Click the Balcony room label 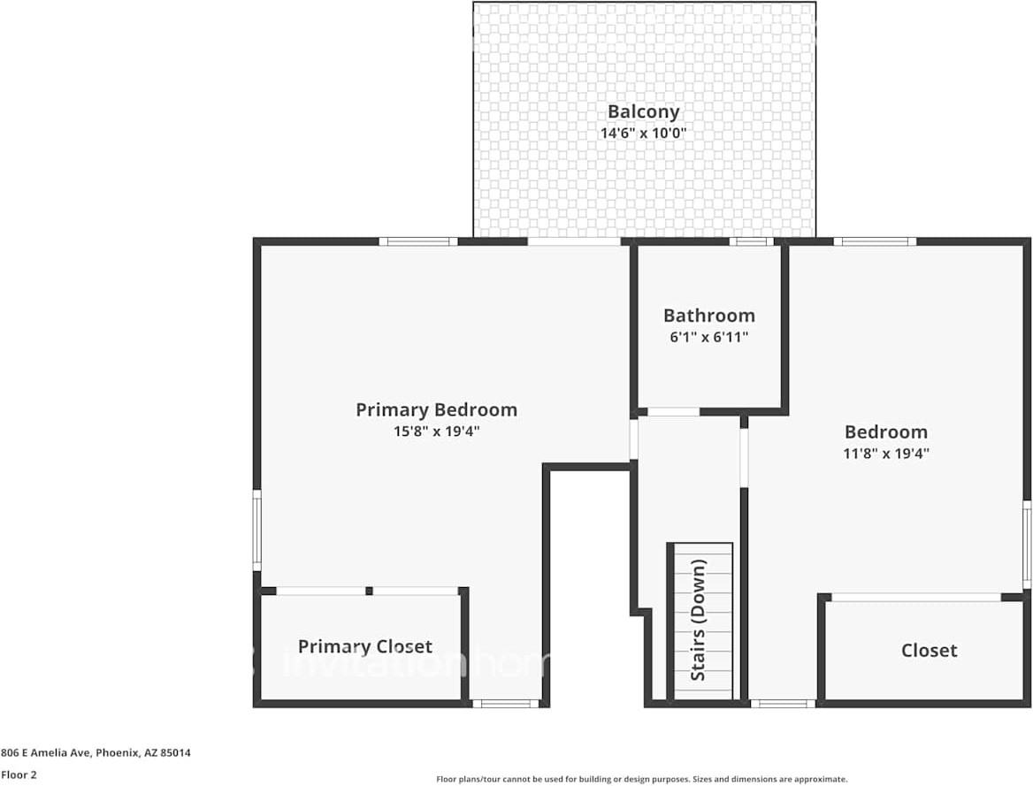[x=643, y=111]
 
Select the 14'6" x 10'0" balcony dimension [x=643, y=134]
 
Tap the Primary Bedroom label [x=436, y=409]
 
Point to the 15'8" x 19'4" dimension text [x=436, y=431]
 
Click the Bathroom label [x=708, y=315]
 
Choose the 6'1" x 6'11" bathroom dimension [x=708, y=337]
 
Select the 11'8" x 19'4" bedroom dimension [x=885, y=454]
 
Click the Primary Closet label [x=364, y=646]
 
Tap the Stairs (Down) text [x=699, y=619]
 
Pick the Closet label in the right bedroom [x=929, y=651]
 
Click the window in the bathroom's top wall [x=751, y=241]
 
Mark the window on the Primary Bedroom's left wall [x=257, y=530]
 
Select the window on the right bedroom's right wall [x=1027, y=543]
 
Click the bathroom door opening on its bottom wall [x=673, y=411]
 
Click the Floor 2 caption [x=19, y=775]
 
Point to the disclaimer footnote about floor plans [x=641, y=779]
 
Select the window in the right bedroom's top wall [x=874, y=241]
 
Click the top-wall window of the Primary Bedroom [x=418, y=241]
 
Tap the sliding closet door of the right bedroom [x=915, y=598]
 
